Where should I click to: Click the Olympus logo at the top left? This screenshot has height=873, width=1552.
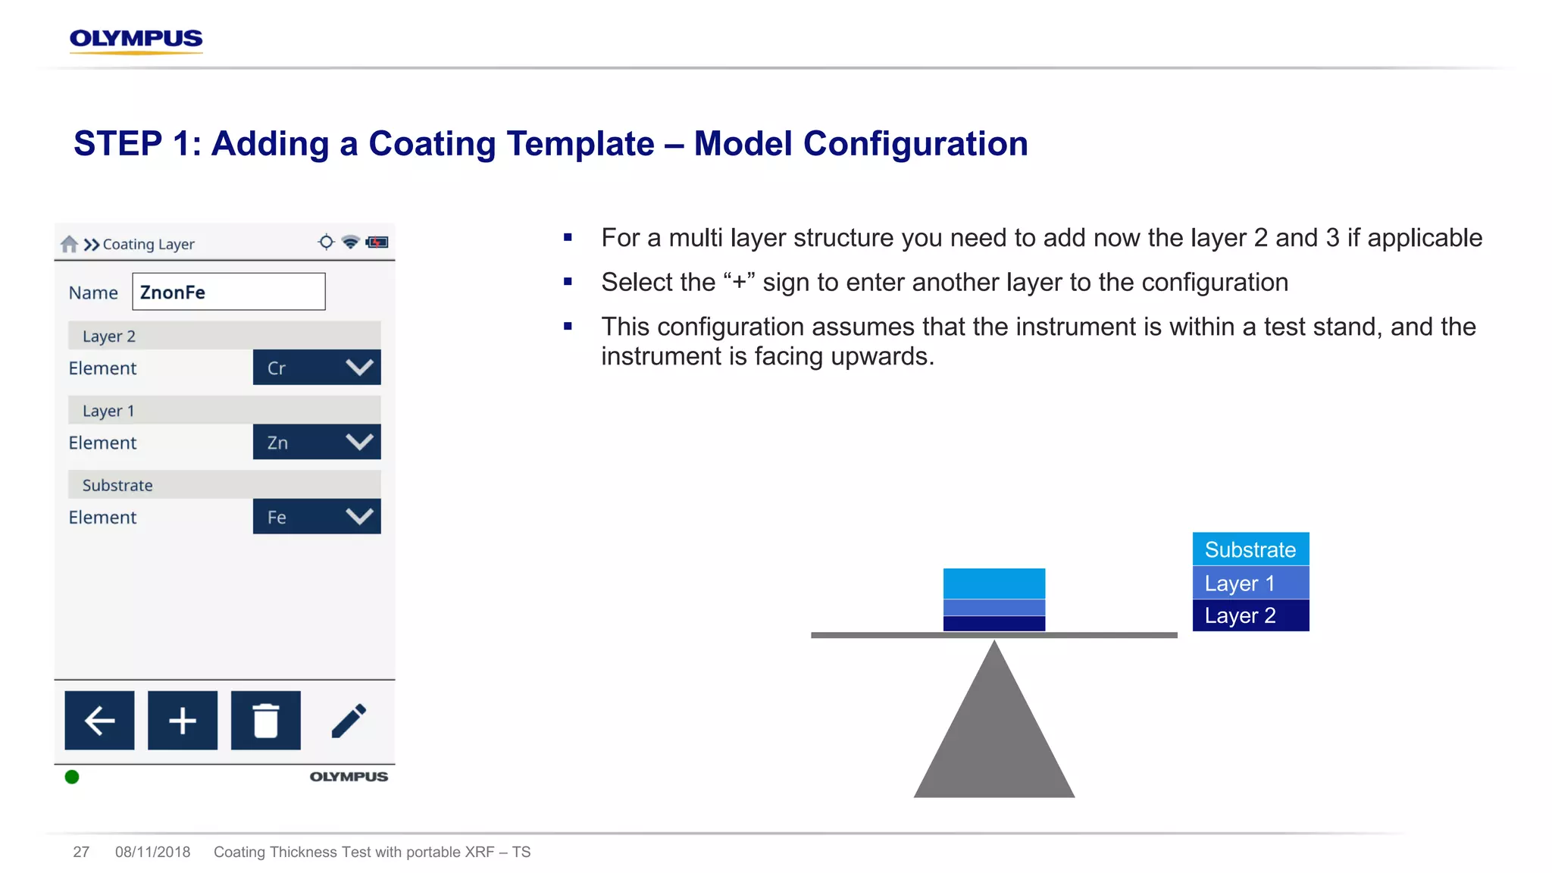(136, 39)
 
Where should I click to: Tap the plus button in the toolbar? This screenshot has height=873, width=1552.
(183, 720)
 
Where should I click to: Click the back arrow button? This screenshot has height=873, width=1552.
(99, 720)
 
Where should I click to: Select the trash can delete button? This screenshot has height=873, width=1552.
(265, 720)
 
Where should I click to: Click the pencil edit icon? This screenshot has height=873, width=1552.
(349, 720)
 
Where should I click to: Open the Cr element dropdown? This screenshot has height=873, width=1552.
(317, 368)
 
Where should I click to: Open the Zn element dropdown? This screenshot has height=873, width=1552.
(317, 442)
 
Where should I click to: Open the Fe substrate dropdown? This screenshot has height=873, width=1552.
(317, 517)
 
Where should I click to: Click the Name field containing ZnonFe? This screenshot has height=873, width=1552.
(228, 292)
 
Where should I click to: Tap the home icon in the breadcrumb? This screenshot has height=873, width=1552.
(69, 244)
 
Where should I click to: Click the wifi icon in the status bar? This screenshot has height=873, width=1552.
(350, 242)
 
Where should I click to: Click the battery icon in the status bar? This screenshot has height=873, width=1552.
(377, 242)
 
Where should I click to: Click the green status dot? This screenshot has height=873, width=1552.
(72, 777)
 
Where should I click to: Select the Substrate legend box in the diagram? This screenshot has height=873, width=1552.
(1250, 549)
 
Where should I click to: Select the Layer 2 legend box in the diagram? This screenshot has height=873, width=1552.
(1250, 615)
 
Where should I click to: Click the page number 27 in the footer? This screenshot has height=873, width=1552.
(81, 852)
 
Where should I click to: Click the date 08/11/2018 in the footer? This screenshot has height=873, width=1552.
(152, 852)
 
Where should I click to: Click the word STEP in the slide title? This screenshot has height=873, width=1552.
(118, 144)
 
